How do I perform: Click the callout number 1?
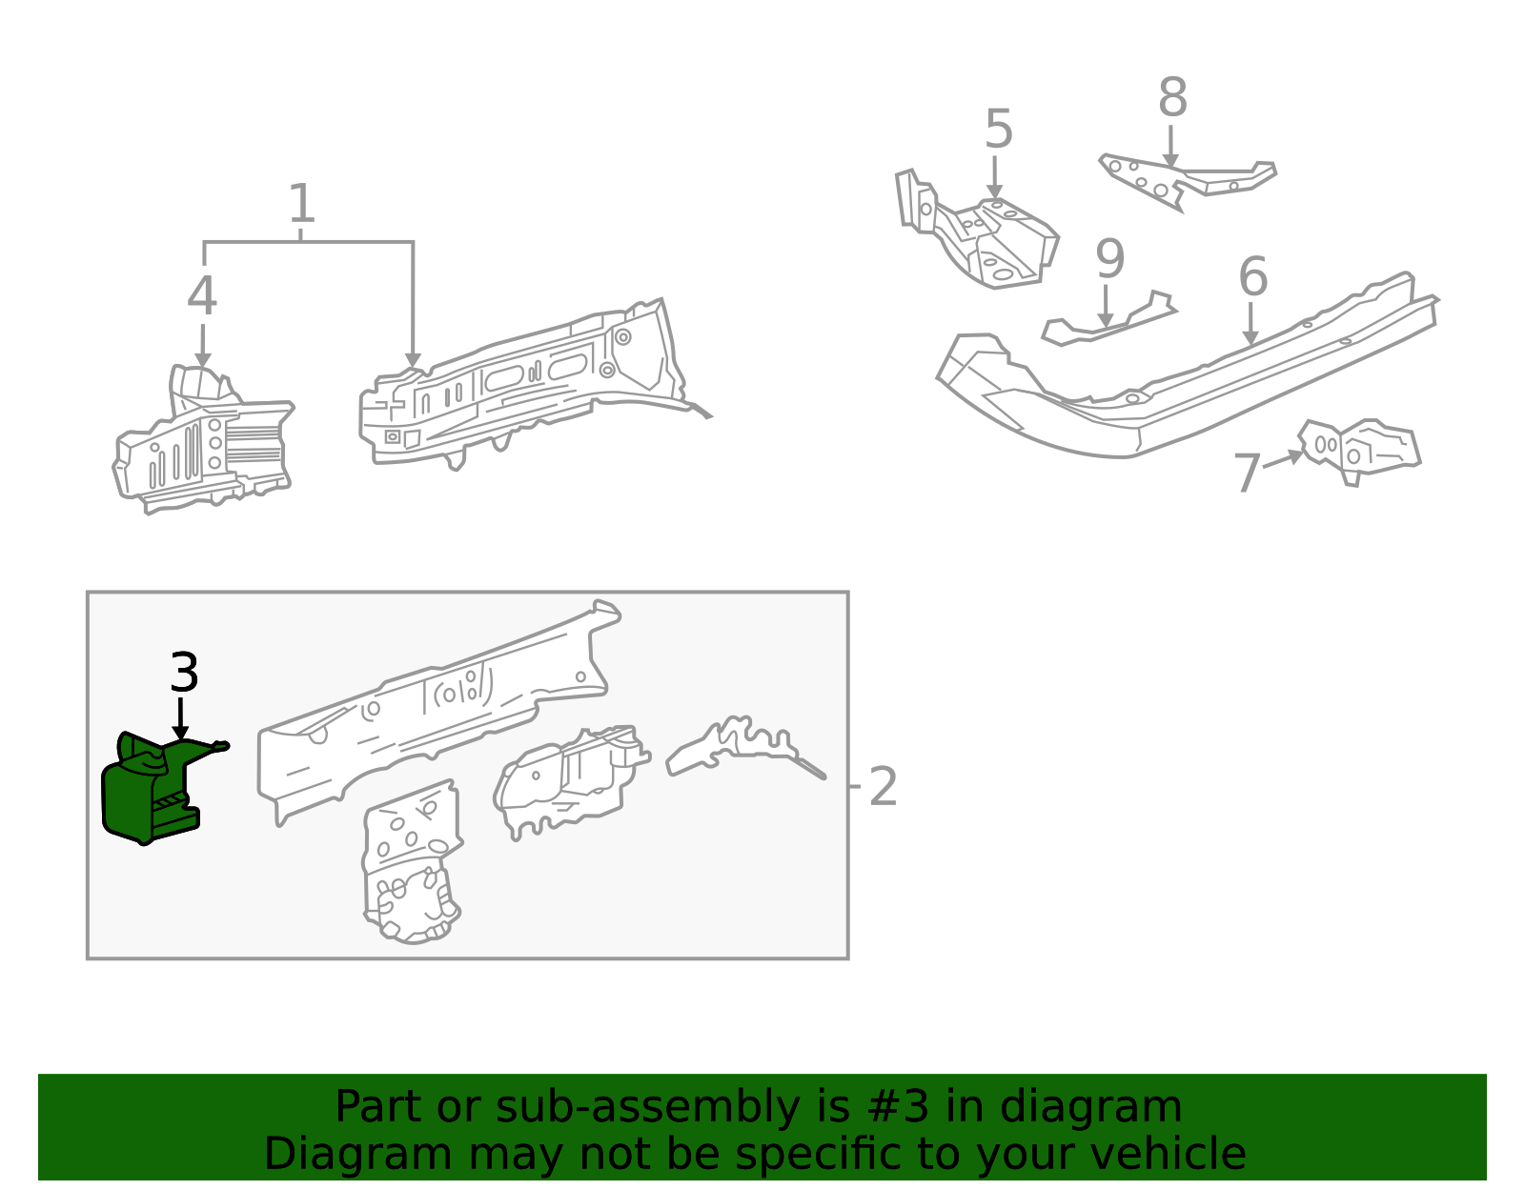click(302, 203)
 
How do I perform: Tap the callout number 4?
click(202, 295)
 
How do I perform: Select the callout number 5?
click(999, 129)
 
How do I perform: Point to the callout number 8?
click(1172, 97)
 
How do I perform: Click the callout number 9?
click(1109, 259)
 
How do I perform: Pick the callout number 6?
click(1253, 276)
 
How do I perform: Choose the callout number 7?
click(1247, 473)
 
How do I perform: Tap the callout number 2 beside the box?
click(883, 787)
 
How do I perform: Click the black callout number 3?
click(185, 672)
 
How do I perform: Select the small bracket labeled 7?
click(1359, 450)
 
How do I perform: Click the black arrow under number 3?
click(181, 718)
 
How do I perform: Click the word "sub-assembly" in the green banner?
click(648, 1107)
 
